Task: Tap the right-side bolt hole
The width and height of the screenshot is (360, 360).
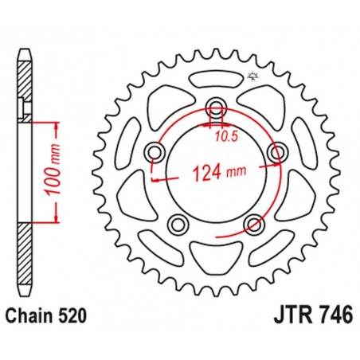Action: pyautogui.click(x=276, y=153)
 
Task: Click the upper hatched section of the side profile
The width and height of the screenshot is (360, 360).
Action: pyautogui.click(x=26, y=80)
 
